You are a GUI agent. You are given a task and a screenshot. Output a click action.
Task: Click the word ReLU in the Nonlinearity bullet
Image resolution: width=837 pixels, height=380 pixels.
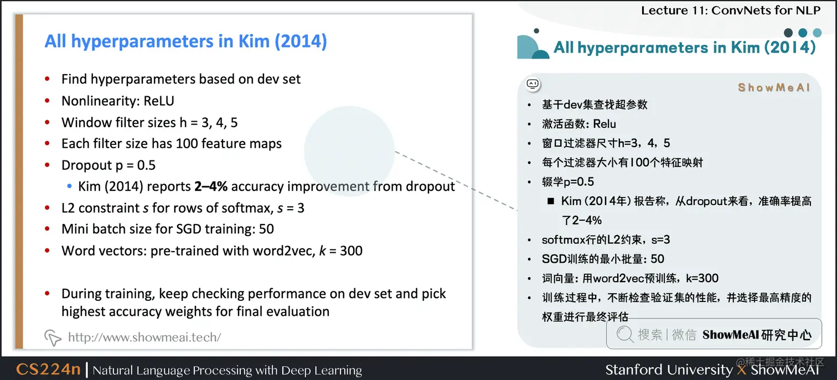tap(159, 101)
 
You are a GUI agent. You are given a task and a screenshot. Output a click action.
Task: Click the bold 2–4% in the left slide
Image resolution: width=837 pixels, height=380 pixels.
tap(211, 186)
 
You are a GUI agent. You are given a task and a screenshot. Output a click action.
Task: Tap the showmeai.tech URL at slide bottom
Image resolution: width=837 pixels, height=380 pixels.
tap(144, 337)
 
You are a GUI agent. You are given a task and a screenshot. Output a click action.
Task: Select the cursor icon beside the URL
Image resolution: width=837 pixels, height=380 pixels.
tap(53, 337)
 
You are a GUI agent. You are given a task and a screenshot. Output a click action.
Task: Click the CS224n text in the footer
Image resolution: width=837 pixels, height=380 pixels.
tap(48, 369)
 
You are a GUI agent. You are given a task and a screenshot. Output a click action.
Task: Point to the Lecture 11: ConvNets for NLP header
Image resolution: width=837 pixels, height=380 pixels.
tap(731, 10)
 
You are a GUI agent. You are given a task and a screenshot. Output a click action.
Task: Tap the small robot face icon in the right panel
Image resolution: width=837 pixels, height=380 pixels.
tap(533, 84)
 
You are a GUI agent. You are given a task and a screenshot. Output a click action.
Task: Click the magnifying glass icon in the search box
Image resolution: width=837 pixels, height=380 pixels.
tap(625, 334)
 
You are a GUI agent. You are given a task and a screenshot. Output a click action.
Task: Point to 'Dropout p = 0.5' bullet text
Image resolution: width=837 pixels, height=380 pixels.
tap(108, 165)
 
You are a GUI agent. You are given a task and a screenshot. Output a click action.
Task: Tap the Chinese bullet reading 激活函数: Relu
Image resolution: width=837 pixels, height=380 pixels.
tap(579, 124)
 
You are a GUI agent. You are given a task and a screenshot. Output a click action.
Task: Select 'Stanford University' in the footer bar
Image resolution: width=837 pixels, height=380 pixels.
tap(668, 369)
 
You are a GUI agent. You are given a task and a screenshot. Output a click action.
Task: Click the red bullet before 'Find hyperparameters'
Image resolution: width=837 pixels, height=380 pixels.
tap(48, 79)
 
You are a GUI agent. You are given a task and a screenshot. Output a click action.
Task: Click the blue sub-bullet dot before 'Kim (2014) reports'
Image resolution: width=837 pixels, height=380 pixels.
tap(69, 187)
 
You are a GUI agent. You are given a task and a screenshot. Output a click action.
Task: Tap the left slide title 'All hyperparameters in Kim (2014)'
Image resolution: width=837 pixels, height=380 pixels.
tap(185, 41)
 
